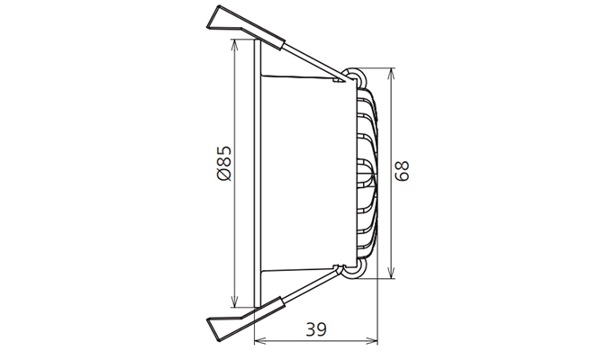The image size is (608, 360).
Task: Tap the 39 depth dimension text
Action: [x=315, y=329]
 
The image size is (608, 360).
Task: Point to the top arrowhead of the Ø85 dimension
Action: [x=236, y=45]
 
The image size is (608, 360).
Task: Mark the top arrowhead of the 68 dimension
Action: [x=392, y=72]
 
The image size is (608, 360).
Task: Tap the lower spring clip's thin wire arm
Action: [x=315, y=288]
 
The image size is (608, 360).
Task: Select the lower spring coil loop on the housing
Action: [x=358, y=270]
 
